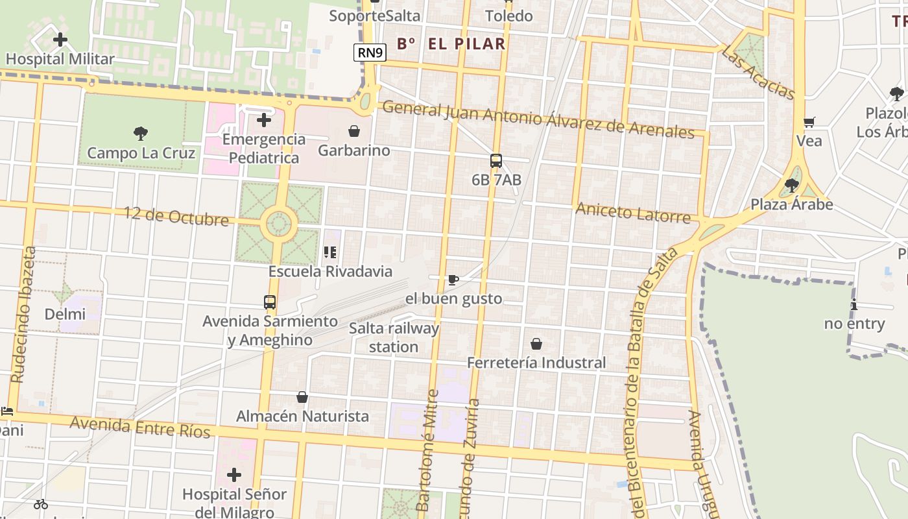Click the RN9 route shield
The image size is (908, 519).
pyautogui.click(x=370, y=53)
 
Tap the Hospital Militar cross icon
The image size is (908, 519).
pyautogui.click(x=60, y=40)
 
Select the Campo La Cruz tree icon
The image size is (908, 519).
pyautogui.click(x=141, y=134)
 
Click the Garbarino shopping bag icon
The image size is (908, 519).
pyautogui.click(x=354, y=132)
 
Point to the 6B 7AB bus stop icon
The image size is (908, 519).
pyautogui.click(x=496, y=161)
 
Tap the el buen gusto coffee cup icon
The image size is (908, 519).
pyautogui.click(x=453, y=280)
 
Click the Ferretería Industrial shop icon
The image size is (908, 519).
pyautogui.click(x=536, y=344)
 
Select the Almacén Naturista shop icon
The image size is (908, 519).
pyautogui.click(x=302, y=397)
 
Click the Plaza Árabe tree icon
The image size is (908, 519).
pyautogui.click(x=791, y=186)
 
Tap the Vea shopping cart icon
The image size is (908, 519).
pyautogui.click(x=809, y=122)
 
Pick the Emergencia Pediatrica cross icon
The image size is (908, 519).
pyautogui.click(x=263, y=120)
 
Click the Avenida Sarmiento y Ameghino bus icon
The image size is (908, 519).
pyautogui.click(x=270, y=302)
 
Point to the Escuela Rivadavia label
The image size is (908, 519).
pyautogui.click(x=331, y=271)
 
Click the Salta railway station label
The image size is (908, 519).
pyautogui.click(x=394, y=337)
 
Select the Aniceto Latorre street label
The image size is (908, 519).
pyautogui.click(x=633, y=212)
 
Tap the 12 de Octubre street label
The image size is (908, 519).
pyautogui.click(x=176, y=215)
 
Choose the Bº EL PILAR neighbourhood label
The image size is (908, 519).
pyautogui.click(x=451, y=44)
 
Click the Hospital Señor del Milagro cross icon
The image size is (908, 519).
pyautogui.click(x=234, y=475)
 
